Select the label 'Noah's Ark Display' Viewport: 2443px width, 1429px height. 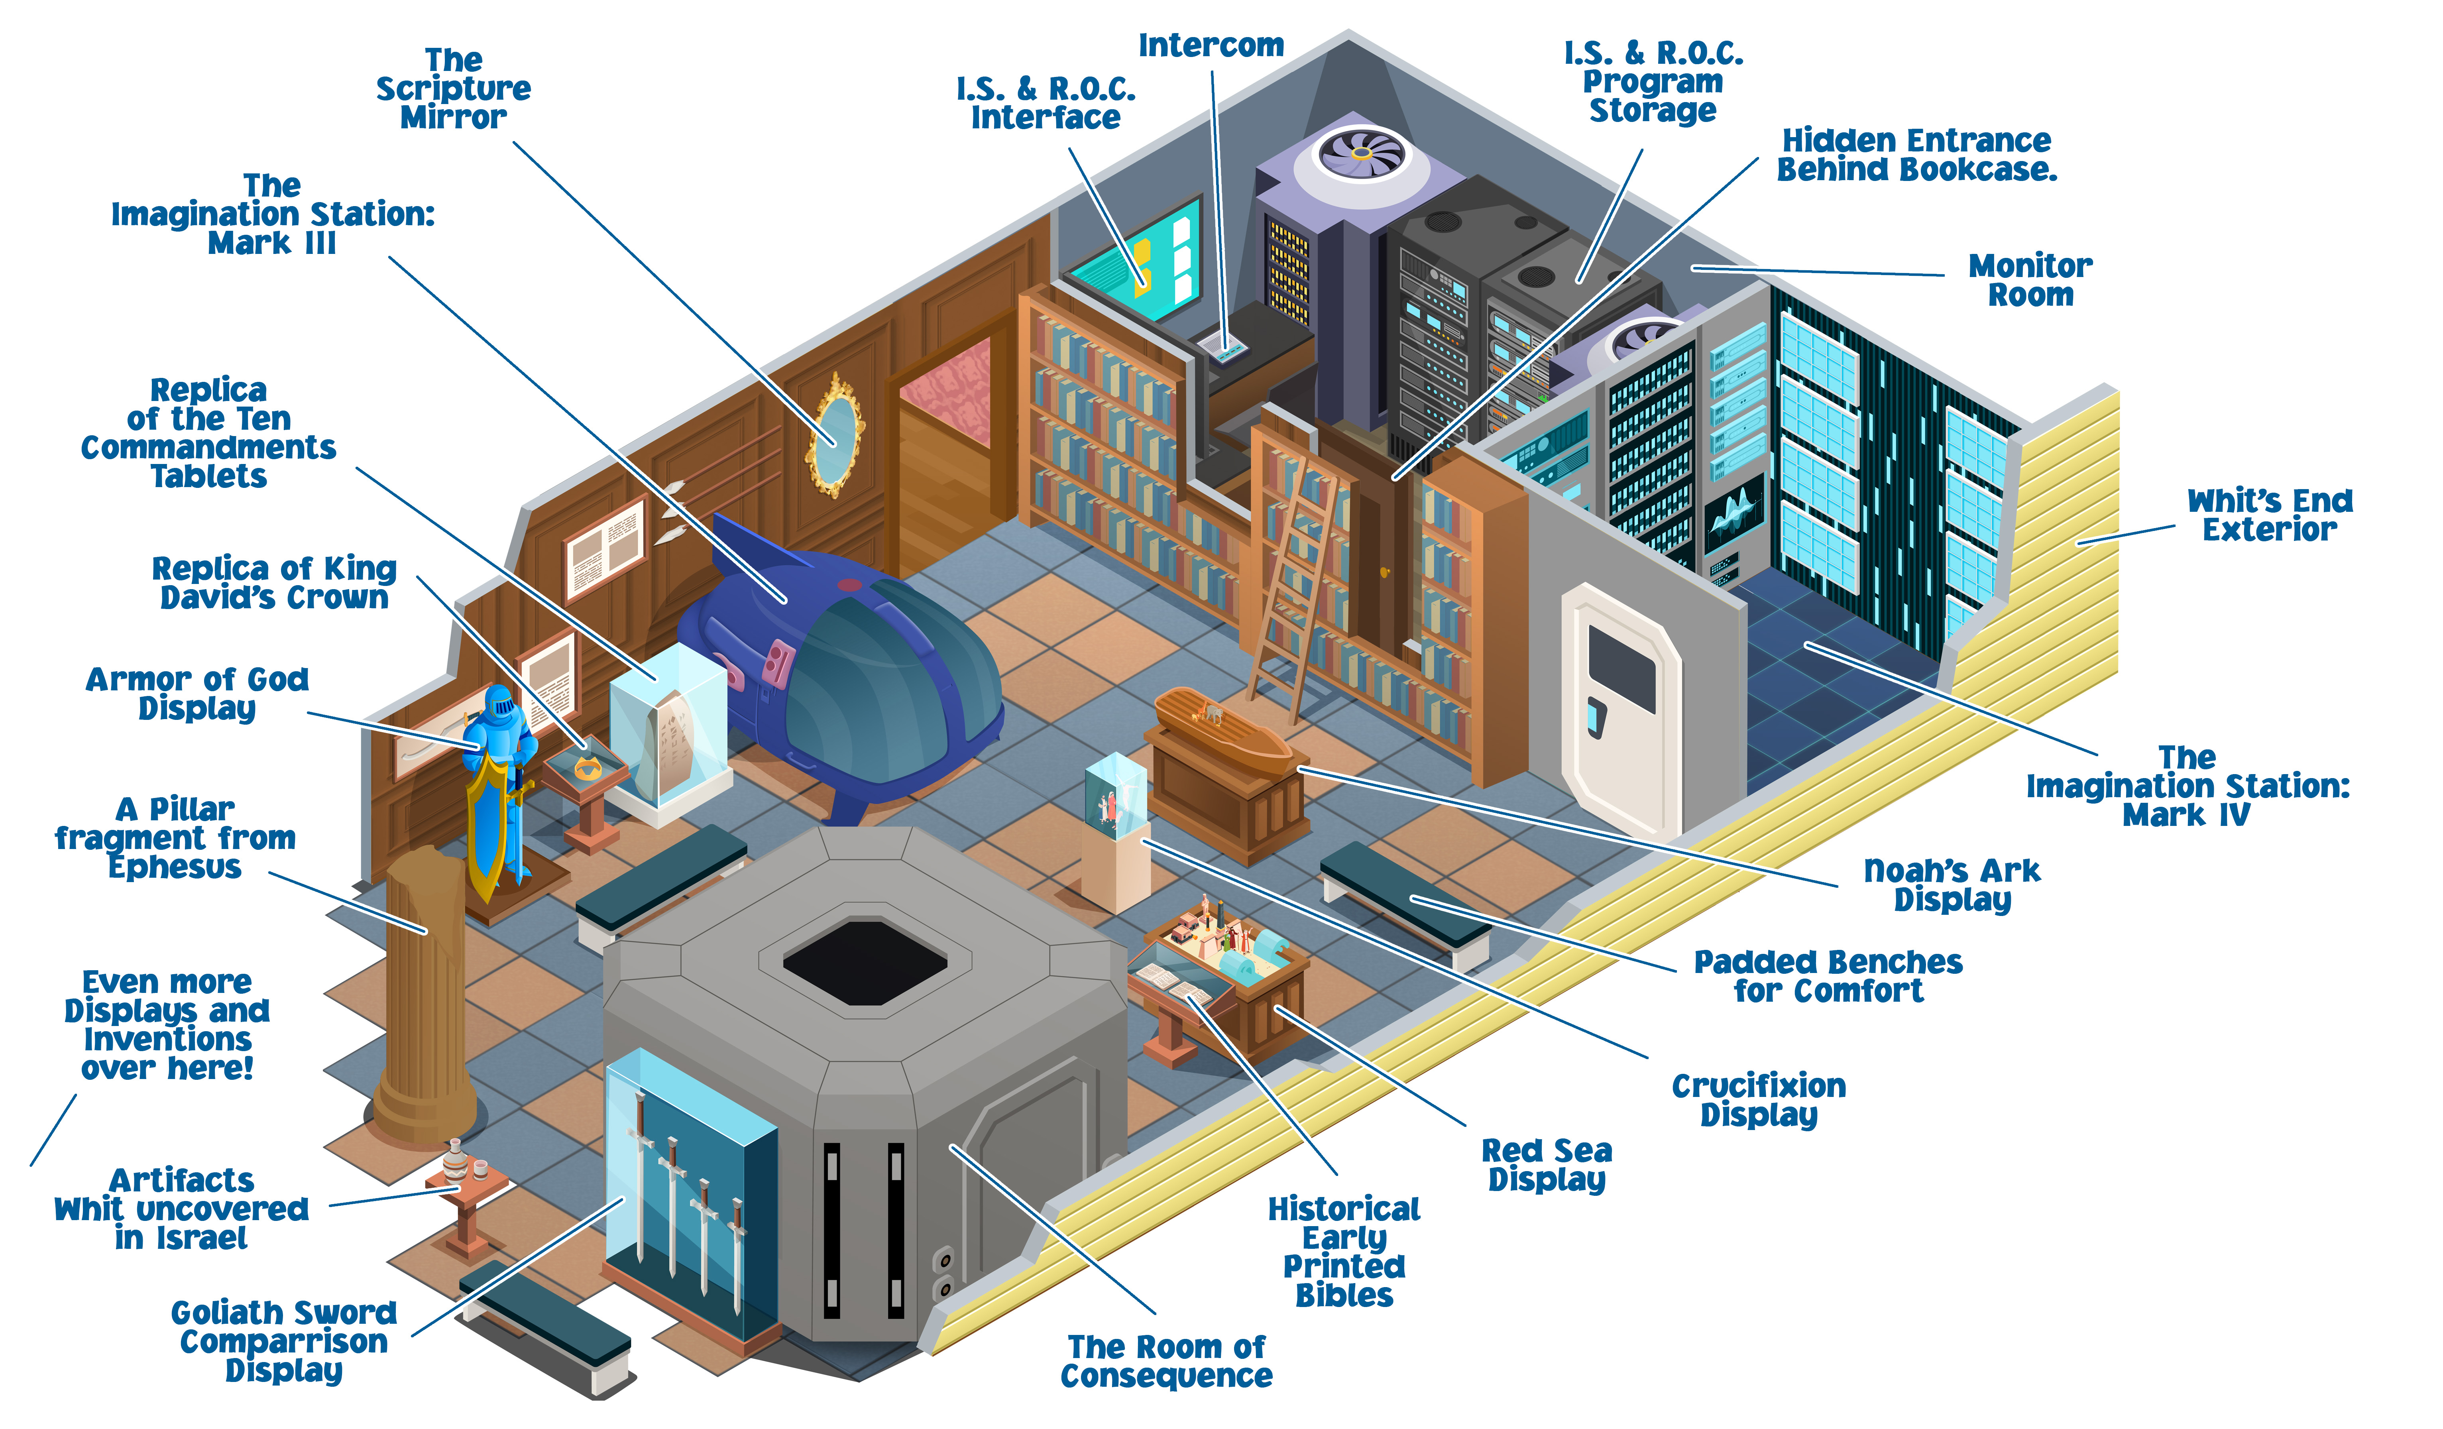click(x=1952, y=884)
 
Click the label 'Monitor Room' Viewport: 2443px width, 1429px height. click(x=2030, y=280)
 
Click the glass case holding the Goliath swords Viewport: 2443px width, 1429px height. click(x=690, y=1197)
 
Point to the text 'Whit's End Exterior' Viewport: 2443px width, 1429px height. click(x=2270, y=515)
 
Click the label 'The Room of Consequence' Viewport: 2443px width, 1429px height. click(x=1166, y=1361)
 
